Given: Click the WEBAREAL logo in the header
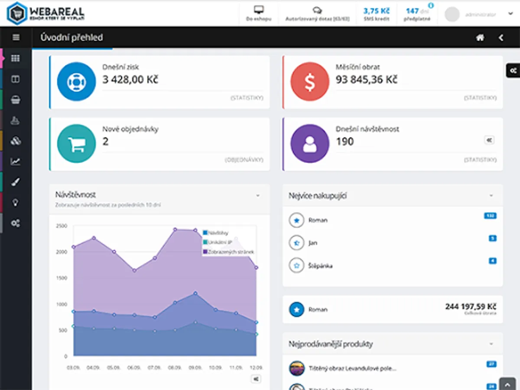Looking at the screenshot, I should (46, 13).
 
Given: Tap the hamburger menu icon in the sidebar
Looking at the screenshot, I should (16, 37).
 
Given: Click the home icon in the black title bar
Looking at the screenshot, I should (480, 38).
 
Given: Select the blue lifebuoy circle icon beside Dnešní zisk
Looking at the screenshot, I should (76, 81).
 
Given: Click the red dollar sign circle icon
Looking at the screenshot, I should (309, 81).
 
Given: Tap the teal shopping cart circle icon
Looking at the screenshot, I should (76, 143).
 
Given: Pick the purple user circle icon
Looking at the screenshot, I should (309, 143).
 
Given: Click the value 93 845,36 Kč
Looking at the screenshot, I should (366, 80).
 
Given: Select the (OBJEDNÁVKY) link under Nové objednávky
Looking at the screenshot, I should (244, 160).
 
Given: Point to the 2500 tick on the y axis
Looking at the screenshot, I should (61, 226).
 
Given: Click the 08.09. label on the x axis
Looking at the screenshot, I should (175, 367).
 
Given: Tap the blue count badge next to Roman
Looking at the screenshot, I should (490, 216).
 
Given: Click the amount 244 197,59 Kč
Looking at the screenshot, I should (471, 307).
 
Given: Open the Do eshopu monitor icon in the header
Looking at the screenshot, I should (259, 10).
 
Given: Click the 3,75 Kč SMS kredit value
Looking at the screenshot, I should (376, 11).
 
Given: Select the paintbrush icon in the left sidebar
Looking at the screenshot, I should (16, 182).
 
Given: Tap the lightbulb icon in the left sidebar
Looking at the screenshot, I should (16, 202).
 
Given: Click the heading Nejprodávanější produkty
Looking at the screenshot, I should (331, 344).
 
